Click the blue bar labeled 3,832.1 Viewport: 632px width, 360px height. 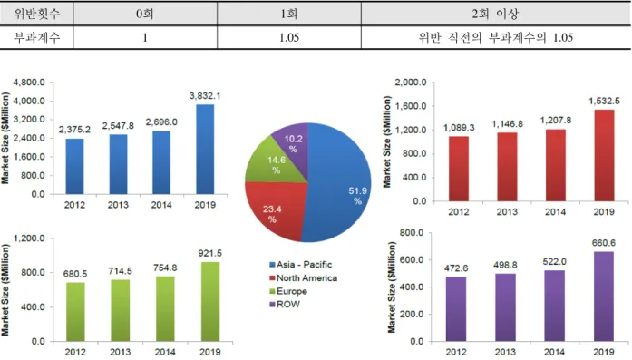pos(205,149)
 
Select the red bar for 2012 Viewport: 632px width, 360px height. pos(459,169)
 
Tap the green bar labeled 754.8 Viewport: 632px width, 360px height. pos(165,309)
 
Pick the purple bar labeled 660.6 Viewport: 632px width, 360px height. pos(604,297)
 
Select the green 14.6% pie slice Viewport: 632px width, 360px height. pos(274,162)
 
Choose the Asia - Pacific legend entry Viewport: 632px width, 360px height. pos(301,265)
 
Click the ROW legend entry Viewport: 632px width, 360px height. pos(285,305)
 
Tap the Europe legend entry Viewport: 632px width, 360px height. pos(288,291)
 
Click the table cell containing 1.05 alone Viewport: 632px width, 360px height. pos(289,37)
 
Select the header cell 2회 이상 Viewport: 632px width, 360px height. pos(495,14)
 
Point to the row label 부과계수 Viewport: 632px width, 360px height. pos(36,37)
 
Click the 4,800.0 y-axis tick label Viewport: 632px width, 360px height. pos(29,83)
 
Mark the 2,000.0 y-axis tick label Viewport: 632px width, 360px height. pos(411,83)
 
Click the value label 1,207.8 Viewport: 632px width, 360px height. pos(556,120)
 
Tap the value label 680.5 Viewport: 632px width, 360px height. pos(75,274)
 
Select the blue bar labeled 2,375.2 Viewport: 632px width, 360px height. pos(75,167)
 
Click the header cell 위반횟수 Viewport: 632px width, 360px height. pos(36,14)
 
